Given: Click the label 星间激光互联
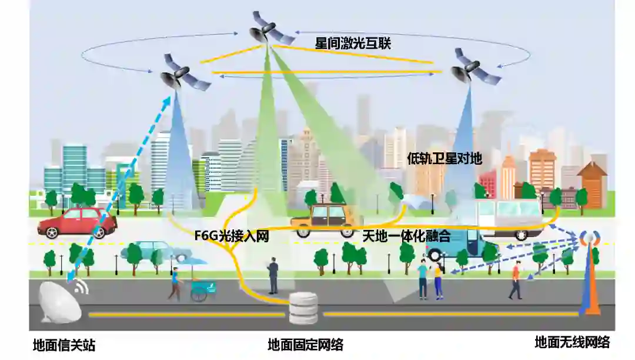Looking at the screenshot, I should click(353, 43).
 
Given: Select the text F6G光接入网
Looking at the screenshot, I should click(232, 236).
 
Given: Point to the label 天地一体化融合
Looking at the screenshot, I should click(406, 236).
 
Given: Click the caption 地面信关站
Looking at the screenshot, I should click(64, 345).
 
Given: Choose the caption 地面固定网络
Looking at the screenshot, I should click(305, 345).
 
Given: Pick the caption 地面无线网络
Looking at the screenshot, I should click(572, 342).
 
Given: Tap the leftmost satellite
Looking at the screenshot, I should click(182, 74).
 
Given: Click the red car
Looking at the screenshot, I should click(77, 222).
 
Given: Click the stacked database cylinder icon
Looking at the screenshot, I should click(305, 308).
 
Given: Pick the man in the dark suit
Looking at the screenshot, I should click(273, 275).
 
